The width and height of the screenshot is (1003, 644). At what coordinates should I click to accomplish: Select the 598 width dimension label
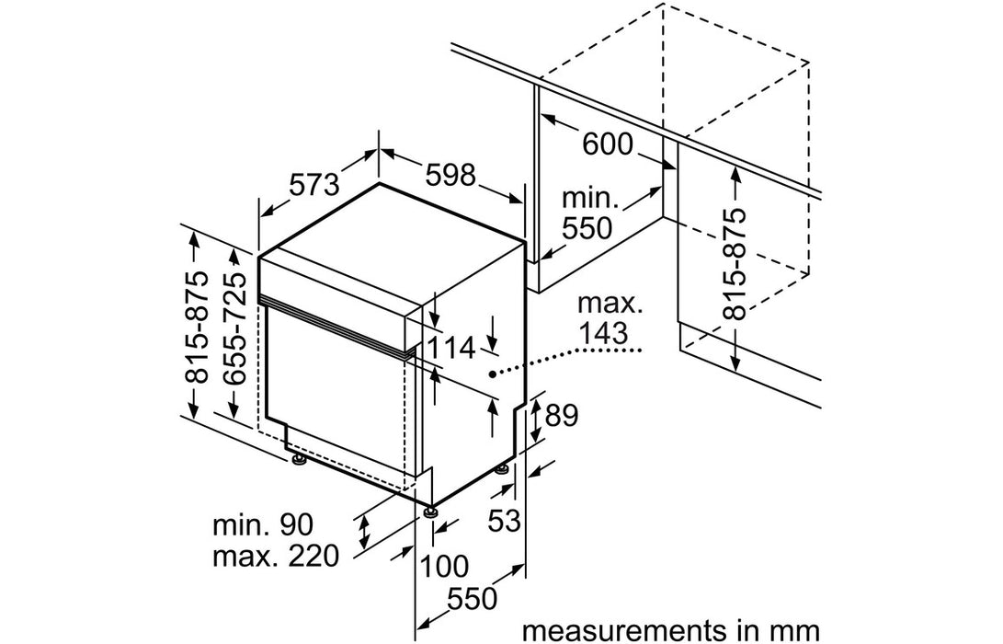click(x=450, y=174)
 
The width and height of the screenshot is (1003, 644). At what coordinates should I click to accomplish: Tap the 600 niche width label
click(x=608, y=144)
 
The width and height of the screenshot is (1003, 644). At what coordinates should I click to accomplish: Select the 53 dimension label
click(x=505, y=521)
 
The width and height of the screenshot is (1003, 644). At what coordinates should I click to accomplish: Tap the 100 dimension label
click(x=444, y=564)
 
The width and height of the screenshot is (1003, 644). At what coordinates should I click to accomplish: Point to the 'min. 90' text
click(x=264, y=525)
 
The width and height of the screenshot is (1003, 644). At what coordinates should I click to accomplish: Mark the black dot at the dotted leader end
click(x=494, y=374)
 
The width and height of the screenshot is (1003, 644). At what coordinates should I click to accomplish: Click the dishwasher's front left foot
click(x=298, y=459)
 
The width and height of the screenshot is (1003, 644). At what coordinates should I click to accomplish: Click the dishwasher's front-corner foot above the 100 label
click(x=430, y=510)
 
